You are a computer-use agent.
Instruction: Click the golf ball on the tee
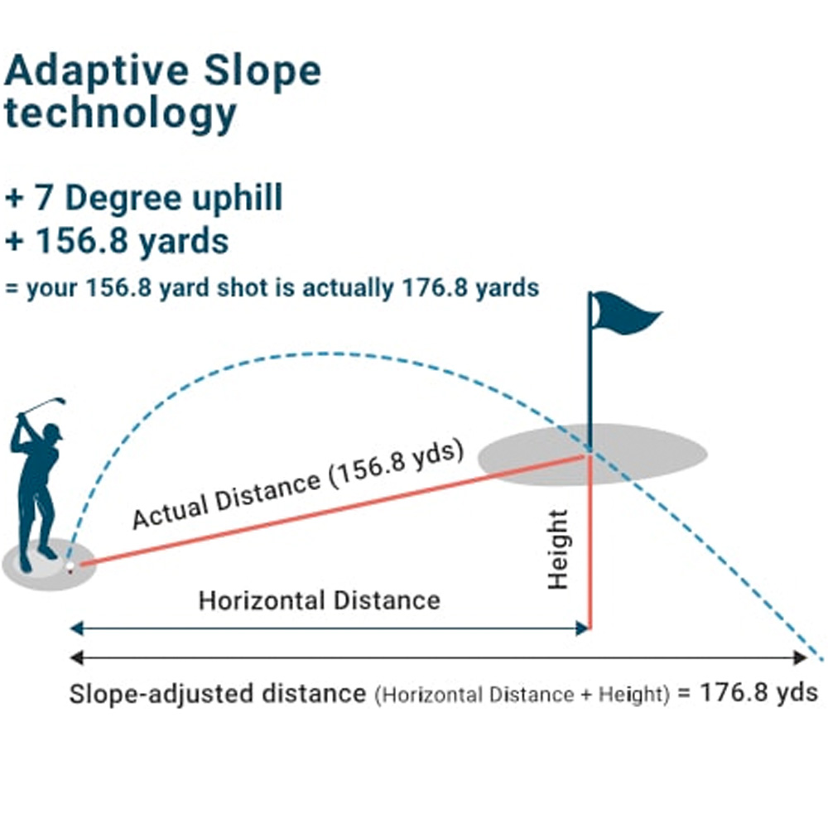tap(70, 566)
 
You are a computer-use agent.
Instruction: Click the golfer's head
tap(52, 433)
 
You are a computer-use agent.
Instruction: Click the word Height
tap(557, 550)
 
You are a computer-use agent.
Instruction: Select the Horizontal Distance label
tap(320, 600)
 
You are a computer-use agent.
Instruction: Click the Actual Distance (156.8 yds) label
tap(298, 484)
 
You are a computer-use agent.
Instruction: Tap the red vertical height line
tap(590, 542)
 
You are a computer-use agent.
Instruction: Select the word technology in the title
tap(120, 114)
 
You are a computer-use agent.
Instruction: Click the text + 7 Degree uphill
tap(144, 199)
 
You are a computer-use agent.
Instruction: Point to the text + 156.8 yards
tap(117, 241)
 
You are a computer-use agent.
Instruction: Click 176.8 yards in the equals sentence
tap(470, 288)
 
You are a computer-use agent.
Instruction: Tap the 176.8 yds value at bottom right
tap(758, 691)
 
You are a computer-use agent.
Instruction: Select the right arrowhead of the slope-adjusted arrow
tap(800, 657)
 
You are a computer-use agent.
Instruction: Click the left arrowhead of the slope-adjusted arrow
tap(77, 657)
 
